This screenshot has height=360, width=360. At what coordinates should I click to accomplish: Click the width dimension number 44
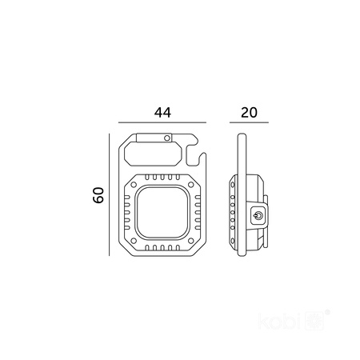point(162,112)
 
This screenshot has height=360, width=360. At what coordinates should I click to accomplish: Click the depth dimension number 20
point(249,112)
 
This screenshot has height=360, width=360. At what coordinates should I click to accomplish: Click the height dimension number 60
point(98,195)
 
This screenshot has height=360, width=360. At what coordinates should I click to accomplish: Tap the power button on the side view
point(258,214)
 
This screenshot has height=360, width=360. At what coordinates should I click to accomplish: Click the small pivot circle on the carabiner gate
point(167,138)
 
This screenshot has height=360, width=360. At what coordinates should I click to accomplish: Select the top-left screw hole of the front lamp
point(134,184)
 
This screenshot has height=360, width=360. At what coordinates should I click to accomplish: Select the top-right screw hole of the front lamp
point(191,184)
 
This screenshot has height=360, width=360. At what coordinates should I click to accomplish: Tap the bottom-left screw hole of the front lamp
point(134,241)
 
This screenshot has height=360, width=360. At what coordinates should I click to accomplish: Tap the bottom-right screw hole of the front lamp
point(191,241)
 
